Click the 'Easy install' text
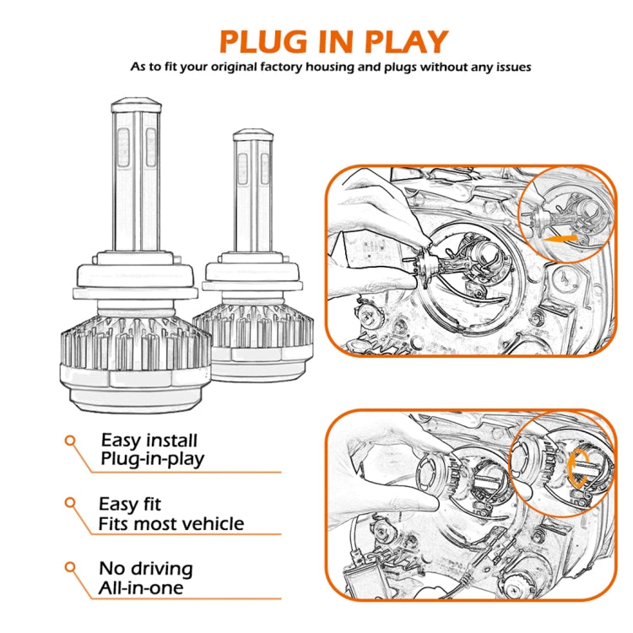coord(149,440)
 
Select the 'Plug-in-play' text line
coord(152,460)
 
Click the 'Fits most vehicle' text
coord(170,524)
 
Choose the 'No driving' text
coord(145,568)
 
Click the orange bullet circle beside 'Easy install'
coord(71,440)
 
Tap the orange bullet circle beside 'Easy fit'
coord(71,503)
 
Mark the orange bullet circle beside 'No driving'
coord(71,566)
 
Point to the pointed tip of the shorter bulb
coord(252,133)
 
